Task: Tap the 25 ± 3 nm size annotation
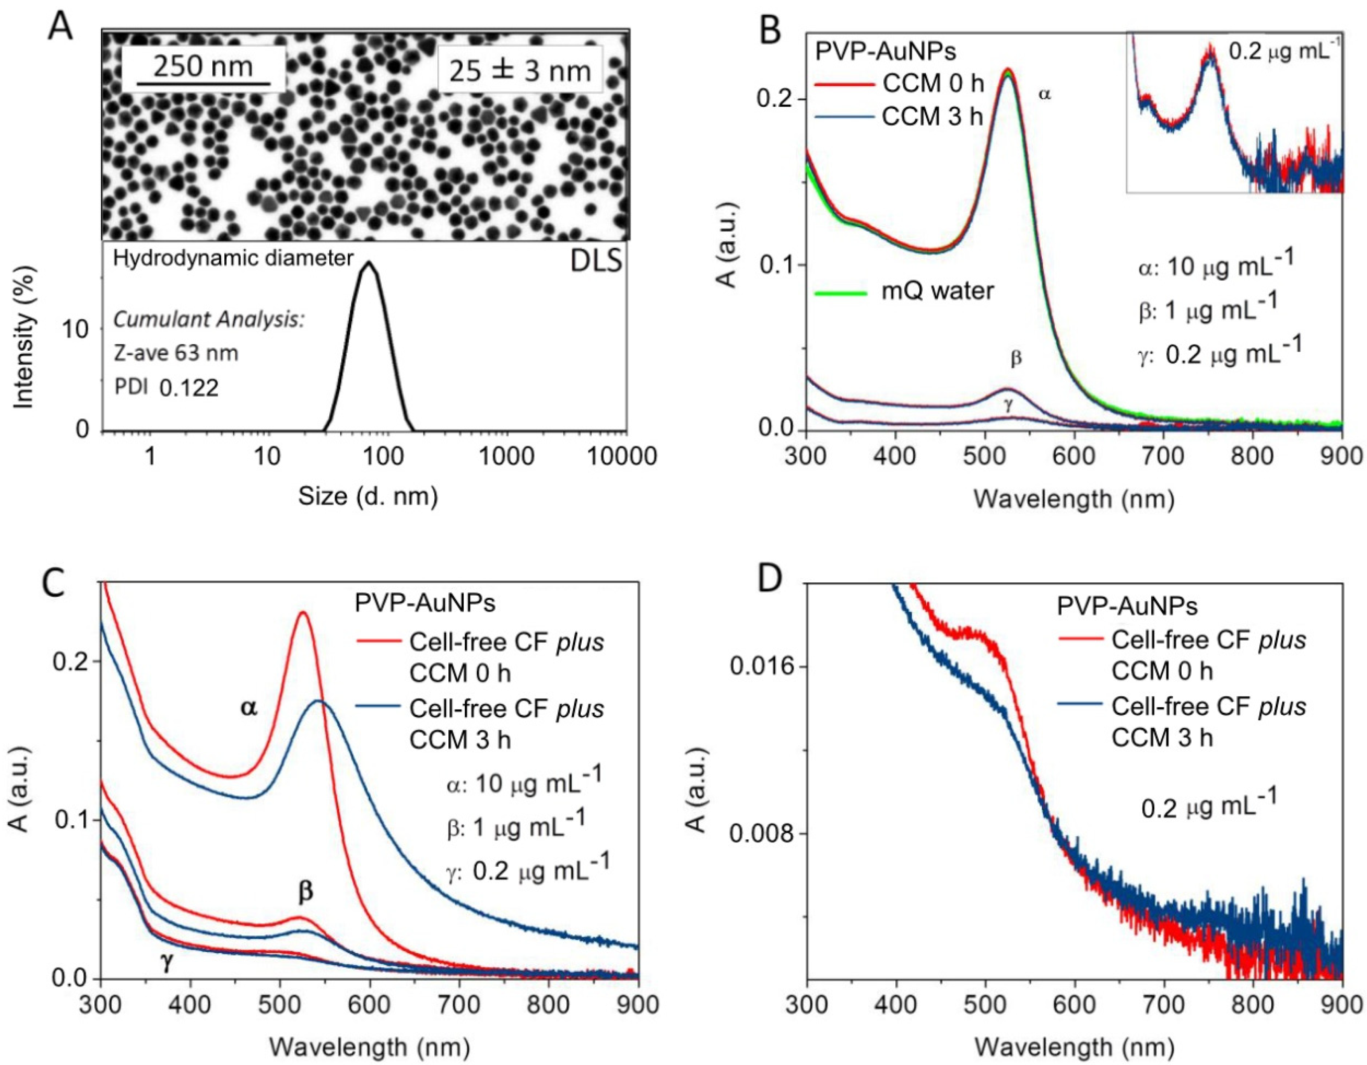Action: pyautogui.click(x=519, y=70)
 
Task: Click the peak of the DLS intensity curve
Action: pyautogui.click(x=369, y=263)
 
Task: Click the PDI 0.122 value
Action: pyautogui.click(x=189, y=388)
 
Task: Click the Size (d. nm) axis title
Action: pyautogui.click(x=367, y=496)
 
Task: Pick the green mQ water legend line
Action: pyautogui.click(x=841, y=292)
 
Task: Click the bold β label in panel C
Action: pyautogui.click(x=306, y=890)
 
